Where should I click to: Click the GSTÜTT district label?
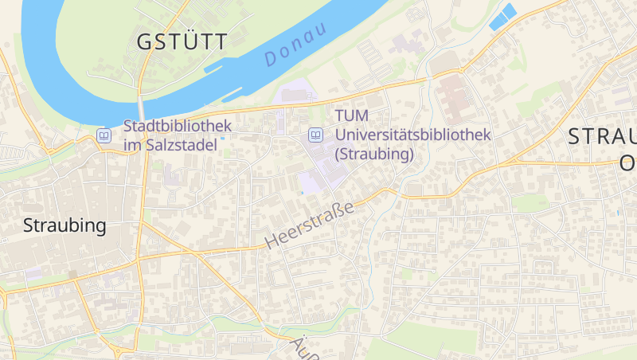(182, 41)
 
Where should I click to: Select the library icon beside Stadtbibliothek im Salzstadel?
(104, 135)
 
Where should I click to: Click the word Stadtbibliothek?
(178, 126)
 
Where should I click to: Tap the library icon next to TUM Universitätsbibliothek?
(316, 135)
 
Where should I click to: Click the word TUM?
(352, 117)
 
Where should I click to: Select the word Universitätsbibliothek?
(412, 135)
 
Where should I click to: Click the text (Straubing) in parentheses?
(375, 154)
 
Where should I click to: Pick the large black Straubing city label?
(64, 225)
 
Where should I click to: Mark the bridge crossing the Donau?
(142, 107)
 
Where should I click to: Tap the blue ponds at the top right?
(502, 17)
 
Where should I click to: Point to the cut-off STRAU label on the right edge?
(603, 136)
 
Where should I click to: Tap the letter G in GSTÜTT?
(145, 42)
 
